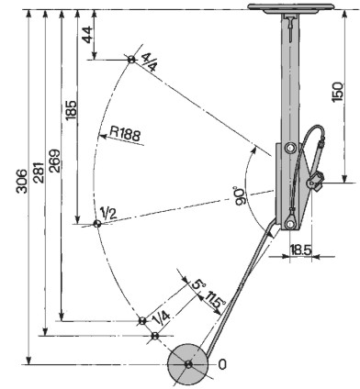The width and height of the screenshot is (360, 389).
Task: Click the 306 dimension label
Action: pos(22,181)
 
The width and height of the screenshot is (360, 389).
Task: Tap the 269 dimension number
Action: pos(55,161)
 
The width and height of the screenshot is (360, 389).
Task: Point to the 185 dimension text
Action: pos(72,109)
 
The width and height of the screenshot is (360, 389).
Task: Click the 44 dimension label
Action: pos(86,35)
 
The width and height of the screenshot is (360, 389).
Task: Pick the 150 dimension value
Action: pos(338,92)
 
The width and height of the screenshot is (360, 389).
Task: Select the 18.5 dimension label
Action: pos(300,250)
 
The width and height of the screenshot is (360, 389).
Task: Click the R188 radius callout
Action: pos(125,134)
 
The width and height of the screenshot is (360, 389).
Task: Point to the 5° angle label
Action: pos(198,284)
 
